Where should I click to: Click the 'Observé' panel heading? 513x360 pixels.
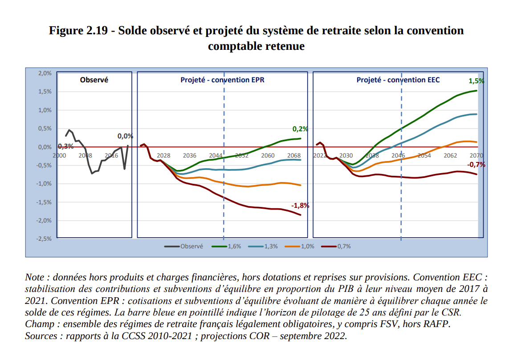(94, 80)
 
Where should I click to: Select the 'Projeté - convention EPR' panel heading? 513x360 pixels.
(222, 80)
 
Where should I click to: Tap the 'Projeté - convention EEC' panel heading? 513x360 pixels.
(398, 80)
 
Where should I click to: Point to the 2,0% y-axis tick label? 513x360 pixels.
(45, 73)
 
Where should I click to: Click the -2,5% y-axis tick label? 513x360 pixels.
(44, 239)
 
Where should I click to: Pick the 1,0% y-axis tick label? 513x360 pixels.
(45, 110)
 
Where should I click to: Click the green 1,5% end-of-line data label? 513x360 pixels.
(476, 81)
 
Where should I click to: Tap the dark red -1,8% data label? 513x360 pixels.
(300, 206)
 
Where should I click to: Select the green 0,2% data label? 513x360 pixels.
(300, 129)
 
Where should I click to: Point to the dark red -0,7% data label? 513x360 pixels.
(476, 165)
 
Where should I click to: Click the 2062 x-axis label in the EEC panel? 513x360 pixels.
(450, 155)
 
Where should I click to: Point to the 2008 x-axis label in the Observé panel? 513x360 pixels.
(85, 155)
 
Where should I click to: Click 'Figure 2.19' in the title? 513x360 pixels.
(78, 31)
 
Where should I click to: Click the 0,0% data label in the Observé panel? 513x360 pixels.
(125, 137)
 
